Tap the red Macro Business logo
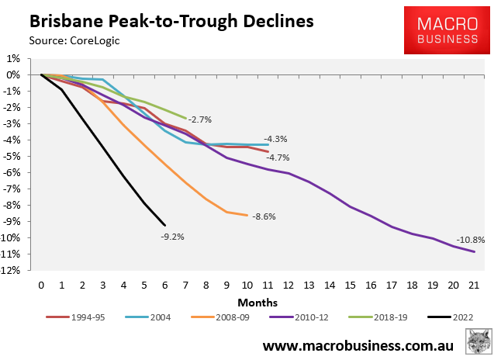[447, 31]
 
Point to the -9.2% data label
[172, 236]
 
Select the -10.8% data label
[470, 239]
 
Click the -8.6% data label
[264, 217]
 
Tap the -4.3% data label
[275, 139]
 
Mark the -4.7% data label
[278, 157]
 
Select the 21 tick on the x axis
[473, 284]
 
